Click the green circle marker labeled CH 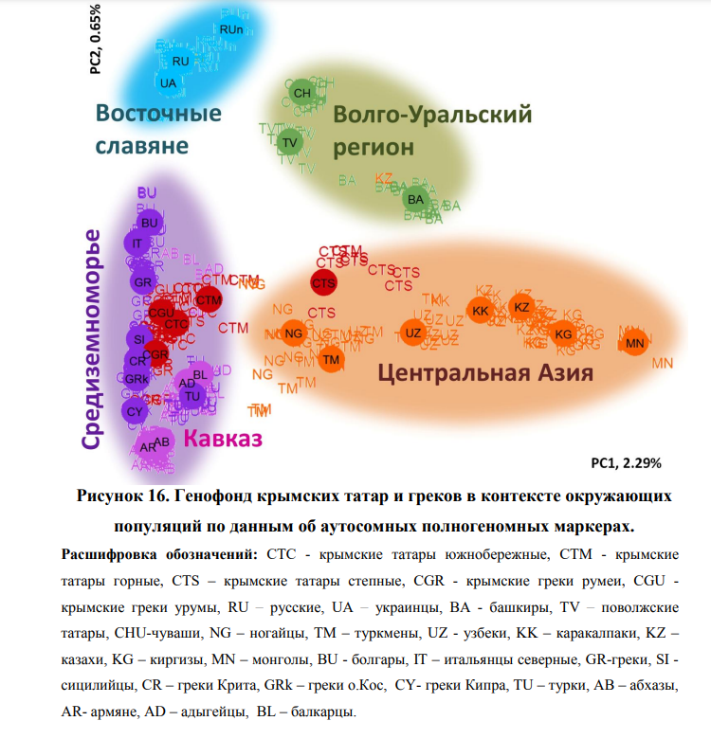pyautogui.click(x=302, y=93)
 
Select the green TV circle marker pyautogui.click(x=290, y=143)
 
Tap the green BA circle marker pyautogui.click(x=415, y=199)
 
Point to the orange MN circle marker pyautogui.click(x=634, y=343)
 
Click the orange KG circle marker pyautogui.click(x=563, y=334)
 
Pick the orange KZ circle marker pyautogui.click(x=520, y=307)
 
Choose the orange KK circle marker pyautogui.click(x=480, y=311)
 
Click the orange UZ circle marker pyautogui.click(x=412, y=333)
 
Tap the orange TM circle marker pyautogui.click(x=331, y=359)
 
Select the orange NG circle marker pyautogui.click(x=294, y=333)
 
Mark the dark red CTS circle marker pyautogui.click(x=324, y=282)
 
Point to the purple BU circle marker pyautogui.click(x=149, y=223)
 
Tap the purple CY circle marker pyautogui.click(x=134, y=410)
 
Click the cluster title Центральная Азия pyautogui.click(x=485, y=372)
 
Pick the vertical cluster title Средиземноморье pyautogui.click(x=91, y=338)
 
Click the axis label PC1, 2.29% pyautogui.click(x=625, y=463)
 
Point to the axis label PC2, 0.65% pyautogui.click(x=96, y=38)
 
